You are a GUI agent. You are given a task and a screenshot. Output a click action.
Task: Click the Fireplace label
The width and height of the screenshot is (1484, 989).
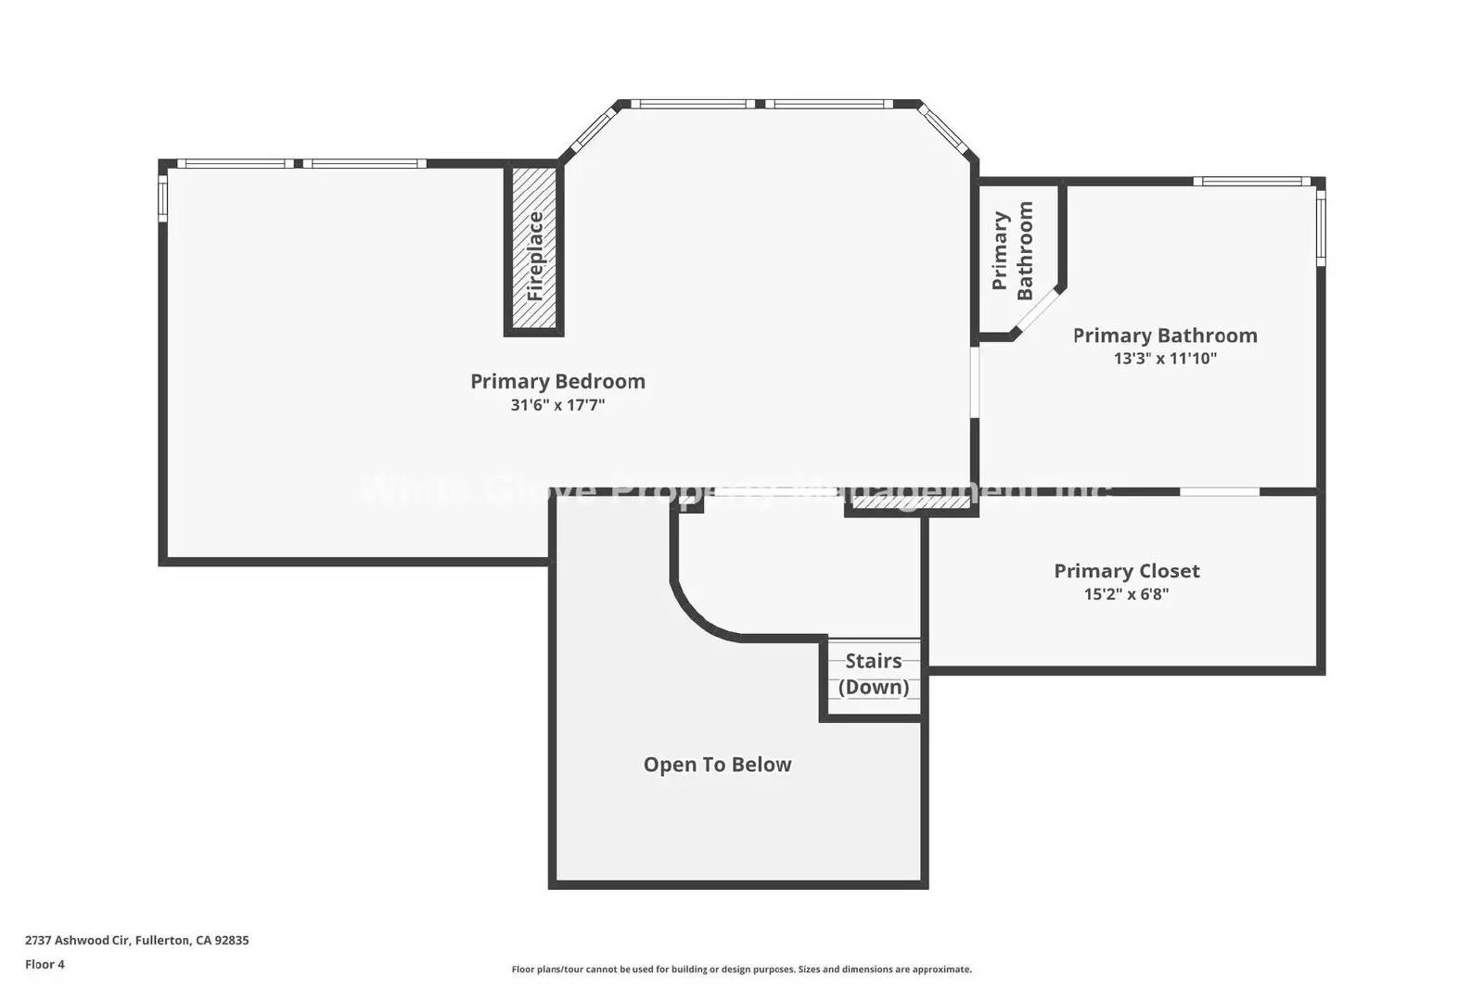click(535, 256)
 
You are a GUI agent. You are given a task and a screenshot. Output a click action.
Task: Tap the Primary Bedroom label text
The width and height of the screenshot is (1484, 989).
click(557, 381)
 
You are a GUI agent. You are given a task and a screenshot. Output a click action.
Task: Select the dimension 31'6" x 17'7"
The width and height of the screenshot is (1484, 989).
click(557, 405)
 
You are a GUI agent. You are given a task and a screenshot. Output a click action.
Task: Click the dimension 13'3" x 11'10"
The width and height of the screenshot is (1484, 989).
click(1165, 359)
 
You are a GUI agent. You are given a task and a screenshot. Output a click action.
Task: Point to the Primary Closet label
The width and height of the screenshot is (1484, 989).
click(1126, 571)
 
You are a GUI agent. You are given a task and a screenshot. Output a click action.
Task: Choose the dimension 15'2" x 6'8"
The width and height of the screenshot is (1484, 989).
click(1126, 594)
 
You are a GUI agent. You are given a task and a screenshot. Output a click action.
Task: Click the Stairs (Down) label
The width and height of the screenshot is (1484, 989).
click(874, 674)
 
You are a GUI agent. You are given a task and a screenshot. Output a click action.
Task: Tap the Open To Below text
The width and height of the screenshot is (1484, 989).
click(717, 765)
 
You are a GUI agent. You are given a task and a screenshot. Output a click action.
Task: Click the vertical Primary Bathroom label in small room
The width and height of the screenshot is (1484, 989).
click(1012, 251)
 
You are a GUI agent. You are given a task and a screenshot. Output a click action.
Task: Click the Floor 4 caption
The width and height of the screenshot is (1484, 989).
click(45, 964)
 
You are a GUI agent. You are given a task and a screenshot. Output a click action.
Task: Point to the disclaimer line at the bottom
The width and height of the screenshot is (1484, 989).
click(741, 970)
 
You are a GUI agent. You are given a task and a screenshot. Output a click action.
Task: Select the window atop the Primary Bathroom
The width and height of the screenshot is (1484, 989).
click(1251, 182)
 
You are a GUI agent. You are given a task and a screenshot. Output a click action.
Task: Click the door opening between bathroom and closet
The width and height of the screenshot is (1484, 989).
click(1219, 491)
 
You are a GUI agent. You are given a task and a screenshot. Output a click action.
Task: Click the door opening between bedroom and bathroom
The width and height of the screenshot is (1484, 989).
click(974, 382)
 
